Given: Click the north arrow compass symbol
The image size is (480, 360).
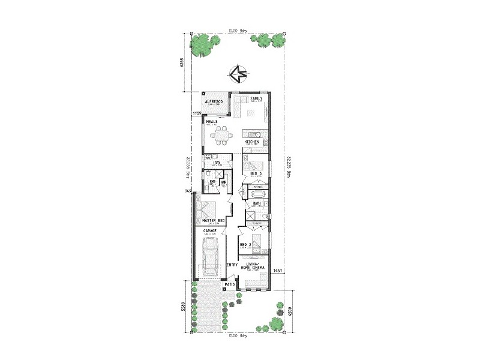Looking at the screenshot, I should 238,75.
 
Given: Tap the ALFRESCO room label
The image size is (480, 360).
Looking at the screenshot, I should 214,102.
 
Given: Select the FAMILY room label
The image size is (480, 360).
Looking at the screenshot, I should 257,98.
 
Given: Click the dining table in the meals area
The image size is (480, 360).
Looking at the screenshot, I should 223,136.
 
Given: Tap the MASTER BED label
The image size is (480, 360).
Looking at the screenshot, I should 205,221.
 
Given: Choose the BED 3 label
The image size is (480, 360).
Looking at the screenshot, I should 256,173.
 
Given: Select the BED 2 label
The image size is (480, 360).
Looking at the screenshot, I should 245,245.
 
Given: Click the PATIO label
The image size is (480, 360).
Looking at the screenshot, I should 229,285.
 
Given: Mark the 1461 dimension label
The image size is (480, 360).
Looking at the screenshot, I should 278,271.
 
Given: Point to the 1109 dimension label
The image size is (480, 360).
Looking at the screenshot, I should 196,113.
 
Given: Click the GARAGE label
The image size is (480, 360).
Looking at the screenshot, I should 210,230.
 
